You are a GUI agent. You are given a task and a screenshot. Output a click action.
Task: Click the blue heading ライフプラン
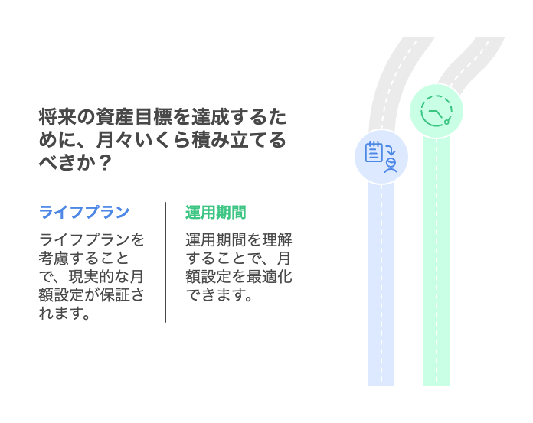point(84,212)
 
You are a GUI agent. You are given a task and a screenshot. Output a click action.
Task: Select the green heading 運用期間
point(215,212)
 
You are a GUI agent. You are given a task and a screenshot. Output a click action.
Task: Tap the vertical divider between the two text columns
point(165,262)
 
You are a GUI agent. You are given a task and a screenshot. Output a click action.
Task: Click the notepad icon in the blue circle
point(374,151)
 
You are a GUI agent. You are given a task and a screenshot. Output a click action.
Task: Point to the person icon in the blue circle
point(391,165)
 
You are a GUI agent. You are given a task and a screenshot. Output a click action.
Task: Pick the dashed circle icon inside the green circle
point(437,111)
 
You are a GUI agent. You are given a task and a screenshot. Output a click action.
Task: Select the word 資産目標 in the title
point(134,117)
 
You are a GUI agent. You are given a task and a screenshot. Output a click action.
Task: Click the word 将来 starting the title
point(57,117)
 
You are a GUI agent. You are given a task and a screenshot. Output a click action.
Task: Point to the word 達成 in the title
point(211,117)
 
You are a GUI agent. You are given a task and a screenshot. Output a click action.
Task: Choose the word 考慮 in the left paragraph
point(54,258)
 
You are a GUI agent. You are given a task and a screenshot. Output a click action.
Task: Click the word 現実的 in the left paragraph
point(92,276)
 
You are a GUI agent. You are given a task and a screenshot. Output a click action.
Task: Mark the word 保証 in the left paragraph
point(115,294)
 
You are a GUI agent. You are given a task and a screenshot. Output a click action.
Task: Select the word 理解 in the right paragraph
point(276,239)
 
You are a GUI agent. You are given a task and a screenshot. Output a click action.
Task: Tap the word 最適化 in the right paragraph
point(270,276)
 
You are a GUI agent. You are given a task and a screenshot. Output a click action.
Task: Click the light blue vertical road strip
point(381,285)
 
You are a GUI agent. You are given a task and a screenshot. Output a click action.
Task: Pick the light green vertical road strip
point(437,262)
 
